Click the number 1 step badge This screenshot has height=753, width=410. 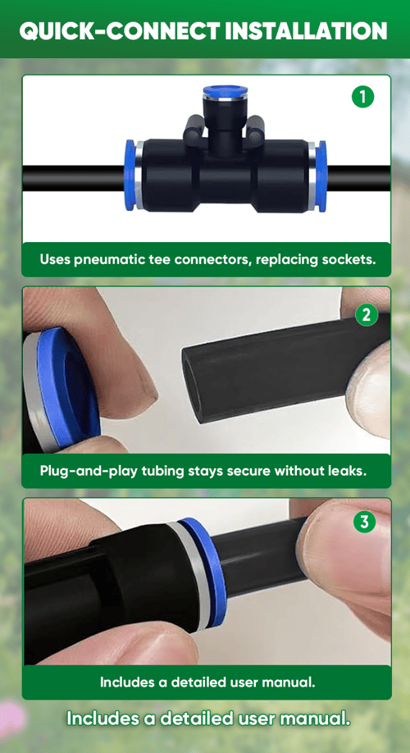[x=363, y=97]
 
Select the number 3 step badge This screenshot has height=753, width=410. [x=364, y=522]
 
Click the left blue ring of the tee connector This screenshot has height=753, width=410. [x=130, y=175]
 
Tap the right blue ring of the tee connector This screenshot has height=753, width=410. [x=321, y=175]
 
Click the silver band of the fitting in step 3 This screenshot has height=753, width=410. [x=187, y=577]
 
